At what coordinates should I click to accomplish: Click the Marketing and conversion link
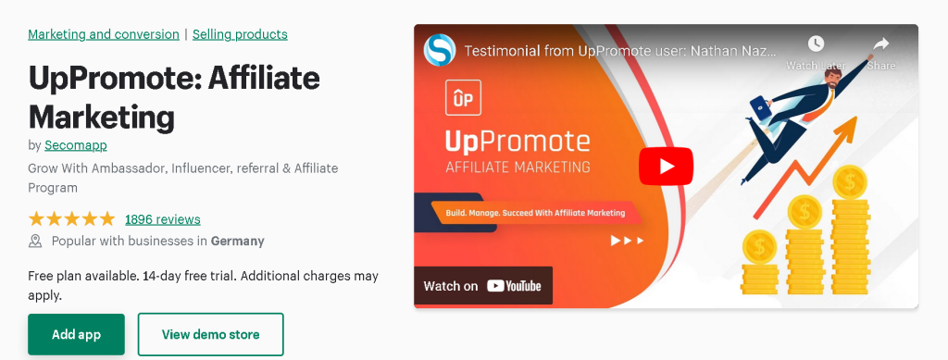(x=104, y=34)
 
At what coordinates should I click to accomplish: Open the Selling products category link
(x=240, y=34)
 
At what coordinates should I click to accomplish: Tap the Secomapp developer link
(x=76, y=145)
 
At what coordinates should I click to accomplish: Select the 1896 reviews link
(x=162, y=219)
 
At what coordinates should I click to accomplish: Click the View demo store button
(x=210, y=334)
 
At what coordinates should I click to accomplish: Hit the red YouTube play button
(x=666, y=167)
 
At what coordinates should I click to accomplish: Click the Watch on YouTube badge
(x=482, y=286)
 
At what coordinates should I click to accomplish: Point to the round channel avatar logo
(x=440, y=50)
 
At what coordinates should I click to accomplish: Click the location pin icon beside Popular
(x=36, y=242)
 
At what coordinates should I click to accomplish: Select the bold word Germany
(x=237, y=242)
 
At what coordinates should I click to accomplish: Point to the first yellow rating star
(x=37, y=219)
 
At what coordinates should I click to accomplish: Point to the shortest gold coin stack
(x=760, y=264)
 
